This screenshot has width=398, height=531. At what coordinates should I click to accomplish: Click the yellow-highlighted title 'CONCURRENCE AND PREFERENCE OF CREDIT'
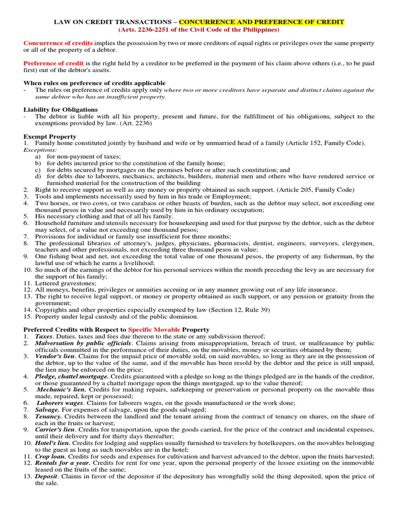262,22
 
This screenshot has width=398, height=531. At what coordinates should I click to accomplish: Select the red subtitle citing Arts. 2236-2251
199,30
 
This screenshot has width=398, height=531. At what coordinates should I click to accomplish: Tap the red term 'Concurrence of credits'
58,43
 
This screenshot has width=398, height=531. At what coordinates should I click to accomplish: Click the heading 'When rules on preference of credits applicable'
94,83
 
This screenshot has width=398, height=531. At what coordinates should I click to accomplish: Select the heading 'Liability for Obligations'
61,109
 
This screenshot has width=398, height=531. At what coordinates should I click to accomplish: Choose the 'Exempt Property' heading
50,136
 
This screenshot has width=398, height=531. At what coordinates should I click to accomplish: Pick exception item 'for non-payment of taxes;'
83,156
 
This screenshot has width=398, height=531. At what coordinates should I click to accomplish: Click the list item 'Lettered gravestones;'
65,283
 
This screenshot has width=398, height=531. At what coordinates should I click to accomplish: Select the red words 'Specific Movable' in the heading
154,329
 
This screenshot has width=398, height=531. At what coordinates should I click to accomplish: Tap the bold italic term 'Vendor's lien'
55,356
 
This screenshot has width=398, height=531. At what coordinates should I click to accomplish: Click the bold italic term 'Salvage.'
48,409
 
